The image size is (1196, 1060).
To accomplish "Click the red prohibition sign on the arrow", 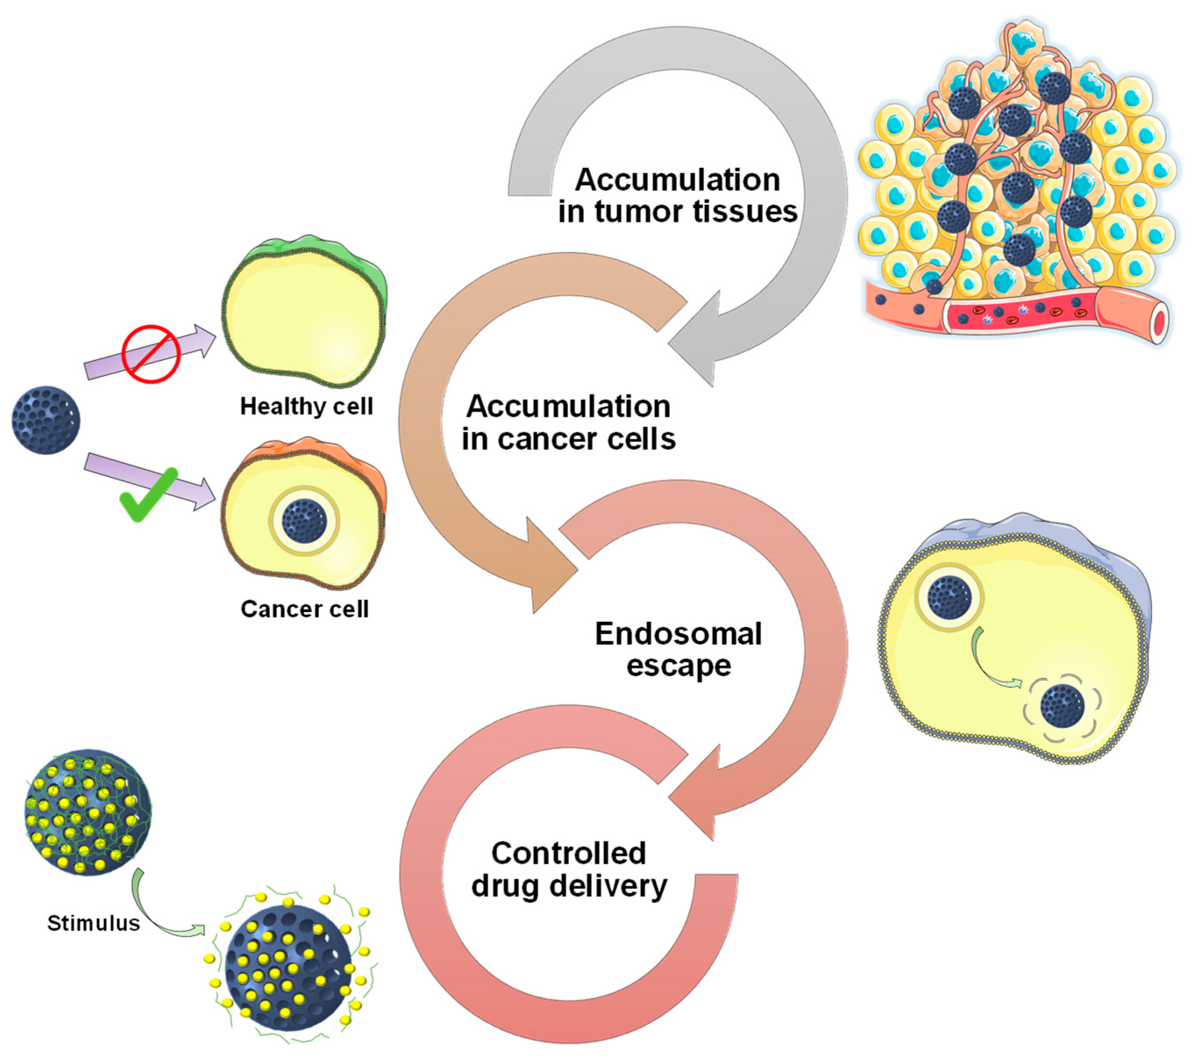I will coord(150,353).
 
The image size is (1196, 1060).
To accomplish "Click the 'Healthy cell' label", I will coord(306,406).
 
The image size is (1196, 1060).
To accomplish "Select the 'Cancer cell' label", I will coord(304,609).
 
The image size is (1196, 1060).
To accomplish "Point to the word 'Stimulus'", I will coord(94,923).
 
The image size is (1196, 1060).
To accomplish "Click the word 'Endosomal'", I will coord(678,633).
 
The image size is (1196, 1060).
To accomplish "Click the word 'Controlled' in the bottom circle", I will coord(568,853).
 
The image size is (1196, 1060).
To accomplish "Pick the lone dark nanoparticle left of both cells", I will coord(46,420).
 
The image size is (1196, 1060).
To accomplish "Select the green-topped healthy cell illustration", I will coord(304,313).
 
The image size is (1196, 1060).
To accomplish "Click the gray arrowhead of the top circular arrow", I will coord(699,339).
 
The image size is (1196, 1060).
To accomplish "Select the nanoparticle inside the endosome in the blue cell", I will coord(950,597).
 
